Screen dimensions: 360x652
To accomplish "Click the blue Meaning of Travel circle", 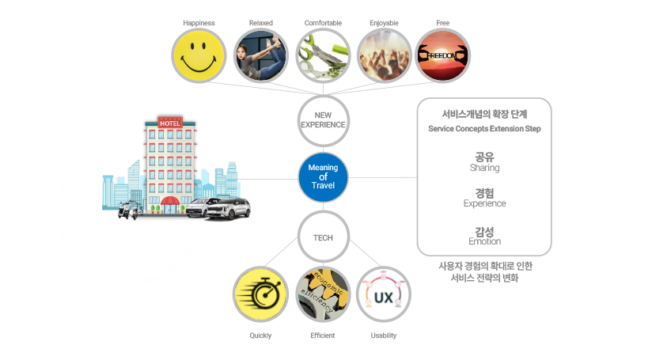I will (x=323, y=177).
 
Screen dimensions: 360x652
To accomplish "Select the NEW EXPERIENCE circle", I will (x=323, y=120).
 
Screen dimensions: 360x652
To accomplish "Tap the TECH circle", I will (x=323, y=237).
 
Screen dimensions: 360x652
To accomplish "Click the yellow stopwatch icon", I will (x=260, y=294).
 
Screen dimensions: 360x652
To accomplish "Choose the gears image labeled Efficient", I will (x=322, y=294).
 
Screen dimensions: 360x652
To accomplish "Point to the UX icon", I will (x=383, y=294).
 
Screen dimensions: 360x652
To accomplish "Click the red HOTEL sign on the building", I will (x=170, y=123).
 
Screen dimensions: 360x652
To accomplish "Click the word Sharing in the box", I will (x=484, y=168).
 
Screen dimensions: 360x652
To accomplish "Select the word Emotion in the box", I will (x=484, y=241).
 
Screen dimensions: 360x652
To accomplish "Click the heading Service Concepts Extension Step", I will (x=484, y=128).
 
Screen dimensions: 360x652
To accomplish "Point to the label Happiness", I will (x=199, y=23).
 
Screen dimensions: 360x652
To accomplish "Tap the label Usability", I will (x=383, y=335).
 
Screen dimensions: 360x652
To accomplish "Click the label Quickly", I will (x=260, y=335).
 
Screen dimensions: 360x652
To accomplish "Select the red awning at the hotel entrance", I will (x=170, y=202).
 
